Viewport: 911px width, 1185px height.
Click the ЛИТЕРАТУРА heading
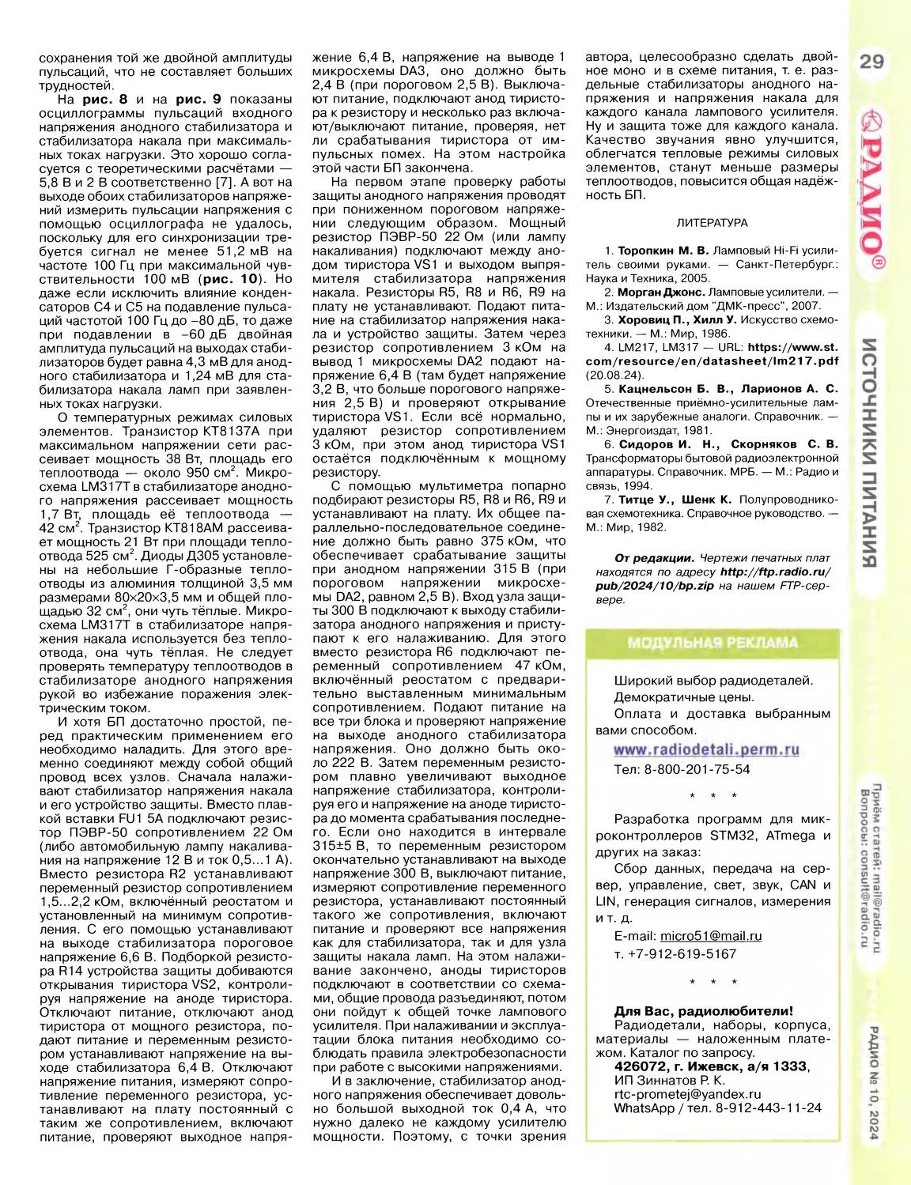click(712, 223)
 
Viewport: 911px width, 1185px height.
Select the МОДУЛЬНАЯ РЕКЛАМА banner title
click(713, 643)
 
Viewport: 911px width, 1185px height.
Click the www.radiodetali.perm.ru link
click(706, 749)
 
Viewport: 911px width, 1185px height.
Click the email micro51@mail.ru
click(711, 936)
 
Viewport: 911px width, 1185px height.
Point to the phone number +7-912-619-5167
click(686, 953)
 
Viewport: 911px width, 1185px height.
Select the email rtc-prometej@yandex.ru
click(687, 1094)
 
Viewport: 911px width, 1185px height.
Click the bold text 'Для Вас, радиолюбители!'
click(703, 1011)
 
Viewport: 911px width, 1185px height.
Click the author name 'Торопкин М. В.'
click(663, 251)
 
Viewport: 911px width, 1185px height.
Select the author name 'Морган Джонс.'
click(661, 292)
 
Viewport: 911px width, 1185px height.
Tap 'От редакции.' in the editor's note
click(654, 558)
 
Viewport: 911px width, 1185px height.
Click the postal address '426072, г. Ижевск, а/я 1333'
click(710, 1066)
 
